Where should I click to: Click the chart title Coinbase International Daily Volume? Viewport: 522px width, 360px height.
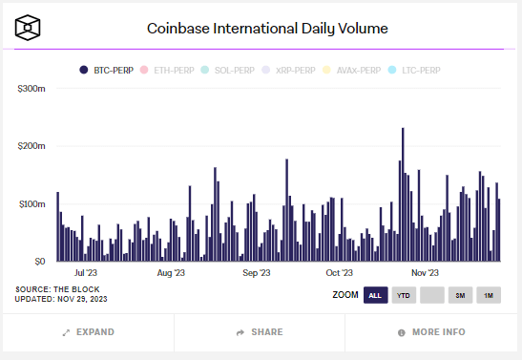pyautogui.click(x=267, y=29)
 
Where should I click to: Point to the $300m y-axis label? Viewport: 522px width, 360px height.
pyautogui.click(x=31, y=89)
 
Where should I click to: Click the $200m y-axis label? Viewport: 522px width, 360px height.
pyautogui.click(x=31, y=146)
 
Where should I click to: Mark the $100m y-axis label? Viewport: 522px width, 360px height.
pyautogui.click(x=31, y=204)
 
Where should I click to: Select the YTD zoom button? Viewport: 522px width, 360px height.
pyautogui.click(x=405, y=294)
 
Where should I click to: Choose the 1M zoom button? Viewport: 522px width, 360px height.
pyautogui.click(x=489, y=294)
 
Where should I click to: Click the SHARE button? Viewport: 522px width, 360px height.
pyautogui.click(x=260, y=332)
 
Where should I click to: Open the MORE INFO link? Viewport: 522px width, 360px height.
pyautogui.click(x=431, y=332)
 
